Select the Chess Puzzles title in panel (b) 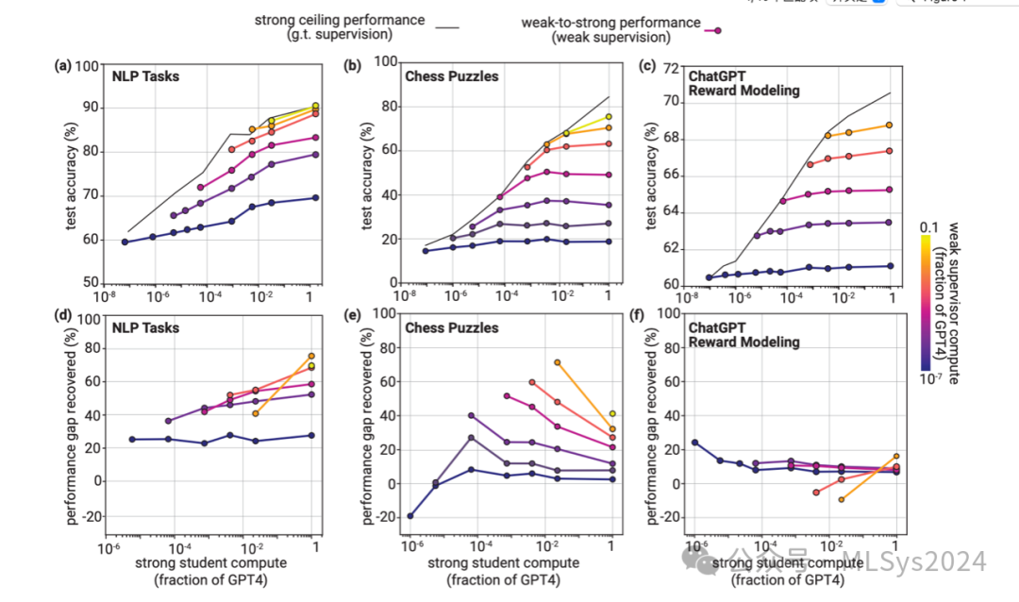click(451, 75)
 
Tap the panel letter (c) click(647, 66)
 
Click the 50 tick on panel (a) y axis click(88, 282)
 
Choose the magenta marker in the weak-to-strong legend click(718, 30)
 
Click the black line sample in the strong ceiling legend click(447, 27)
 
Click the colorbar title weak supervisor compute click(955, 302)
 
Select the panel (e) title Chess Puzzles click(451, 327)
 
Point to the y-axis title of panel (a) click(69, 174)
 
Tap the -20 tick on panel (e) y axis click(385, 517)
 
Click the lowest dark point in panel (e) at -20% click(411, 516)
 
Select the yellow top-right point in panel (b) click(610, 117)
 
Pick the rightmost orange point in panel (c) click(889, 125)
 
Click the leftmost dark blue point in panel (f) click(695, 443)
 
